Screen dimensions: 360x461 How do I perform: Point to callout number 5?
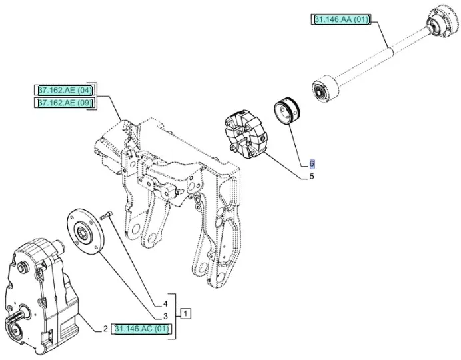311,177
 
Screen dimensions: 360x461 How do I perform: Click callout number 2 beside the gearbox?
105,329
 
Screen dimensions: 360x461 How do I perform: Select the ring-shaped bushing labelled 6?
288,111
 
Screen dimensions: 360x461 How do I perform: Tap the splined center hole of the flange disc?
85,233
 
